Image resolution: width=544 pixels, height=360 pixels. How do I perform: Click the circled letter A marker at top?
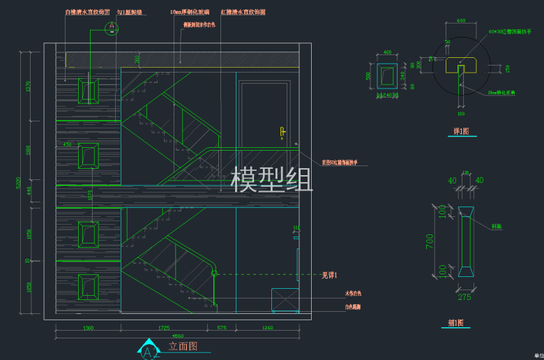pos(112,28)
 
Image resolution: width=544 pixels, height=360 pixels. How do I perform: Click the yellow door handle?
pos(282,132)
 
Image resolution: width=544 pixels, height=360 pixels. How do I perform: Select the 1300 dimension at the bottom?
pos(88,327)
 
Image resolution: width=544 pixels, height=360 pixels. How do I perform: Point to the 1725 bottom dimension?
pos(164,327)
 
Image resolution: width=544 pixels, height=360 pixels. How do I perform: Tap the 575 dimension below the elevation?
pos(222,327)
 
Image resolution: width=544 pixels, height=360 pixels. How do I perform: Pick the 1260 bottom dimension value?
pos(268,327)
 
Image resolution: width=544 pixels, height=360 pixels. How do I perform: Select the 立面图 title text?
pos(183,346)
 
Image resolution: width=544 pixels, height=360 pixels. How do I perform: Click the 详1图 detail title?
pos(461,131)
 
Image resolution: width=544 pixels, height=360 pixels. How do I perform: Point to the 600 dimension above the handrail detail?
pos(461,21)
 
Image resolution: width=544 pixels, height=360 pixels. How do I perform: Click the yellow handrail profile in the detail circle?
pos(461,65)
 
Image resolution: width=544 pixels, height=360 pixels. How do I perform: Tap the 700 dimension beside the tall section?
pos(430,241)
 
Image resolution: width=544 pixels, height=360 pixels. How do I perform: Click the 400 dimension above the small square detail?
pos(388,53)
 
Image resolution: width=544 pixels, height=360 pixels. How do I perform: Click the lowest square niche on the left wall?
pos(89,286)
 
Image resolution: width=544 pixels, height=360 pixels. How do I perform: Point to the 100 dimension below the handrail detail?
pos(460,113)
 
